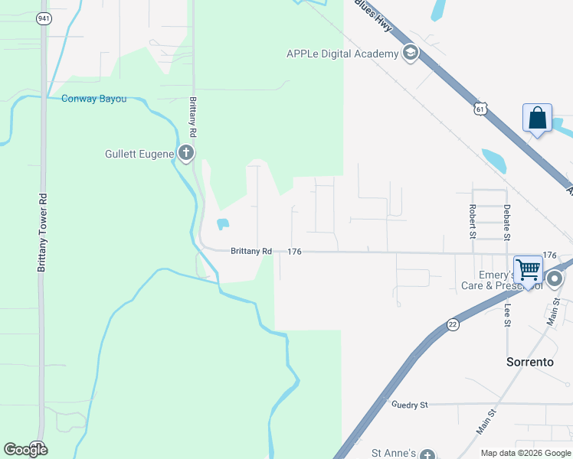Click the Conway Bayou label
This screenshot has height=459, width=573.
93,98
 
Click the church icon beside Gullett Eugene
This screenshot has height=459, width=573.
185,153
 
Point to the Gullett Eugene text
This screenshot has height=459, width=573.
139,154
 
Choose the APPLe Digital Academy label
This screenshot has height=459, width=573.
342,54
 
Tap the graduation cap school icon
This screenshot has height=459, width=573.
411,53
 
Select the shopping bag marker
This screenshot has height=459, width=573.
537,119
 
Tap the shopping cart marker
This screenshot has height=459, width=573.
528,270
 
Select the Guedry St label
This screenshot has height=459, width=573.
409,404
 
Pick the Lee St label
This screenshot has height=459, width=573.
507,316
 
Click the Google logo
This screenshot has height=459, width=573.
26,449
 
